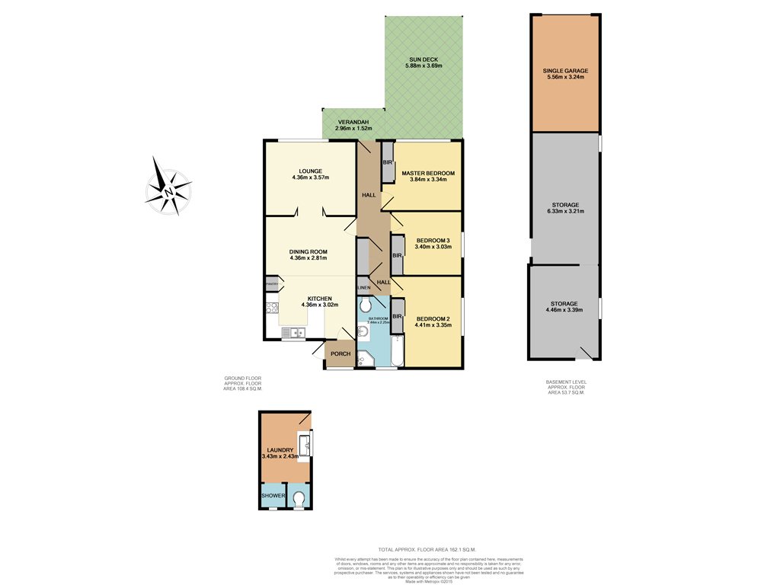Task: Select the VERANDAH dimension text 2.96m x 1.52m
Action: coord(353,128)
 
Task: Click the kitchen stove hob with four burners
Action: coord(272,308)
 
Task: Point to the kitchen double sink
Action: coord(292,332)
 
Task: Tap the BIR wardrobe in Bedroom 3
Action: coord(397,255)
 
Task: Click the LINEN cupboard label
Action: coord(364,287)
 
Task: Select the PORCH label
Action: coord(340,353)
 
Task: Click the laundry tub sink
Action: coord(305,444)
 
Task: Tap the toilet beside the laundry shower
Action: coord(299,499)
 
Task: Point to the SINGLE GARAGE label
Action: coord(565,71)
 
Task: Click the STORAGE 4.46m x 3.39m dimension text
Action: coord(564,310)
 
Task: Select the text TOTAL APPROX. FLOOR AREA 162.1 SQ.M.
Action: coord(427,549)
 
